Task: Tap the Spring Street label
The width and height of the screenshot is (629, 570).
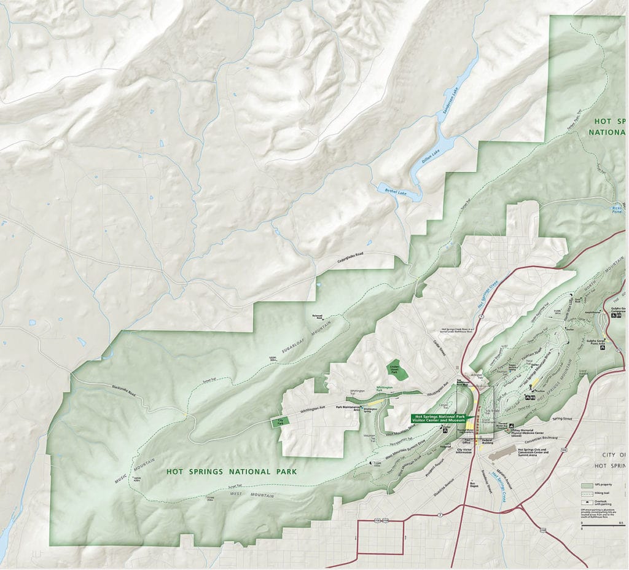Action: (561, 419)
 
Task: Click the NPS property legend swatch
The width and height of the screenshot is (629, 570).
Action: (587, 485)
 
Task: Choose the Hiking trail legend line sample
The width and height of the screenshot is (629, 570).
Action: (587, 493)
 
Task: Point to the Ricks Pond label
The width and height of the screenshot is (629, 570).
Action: (617, 209)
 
